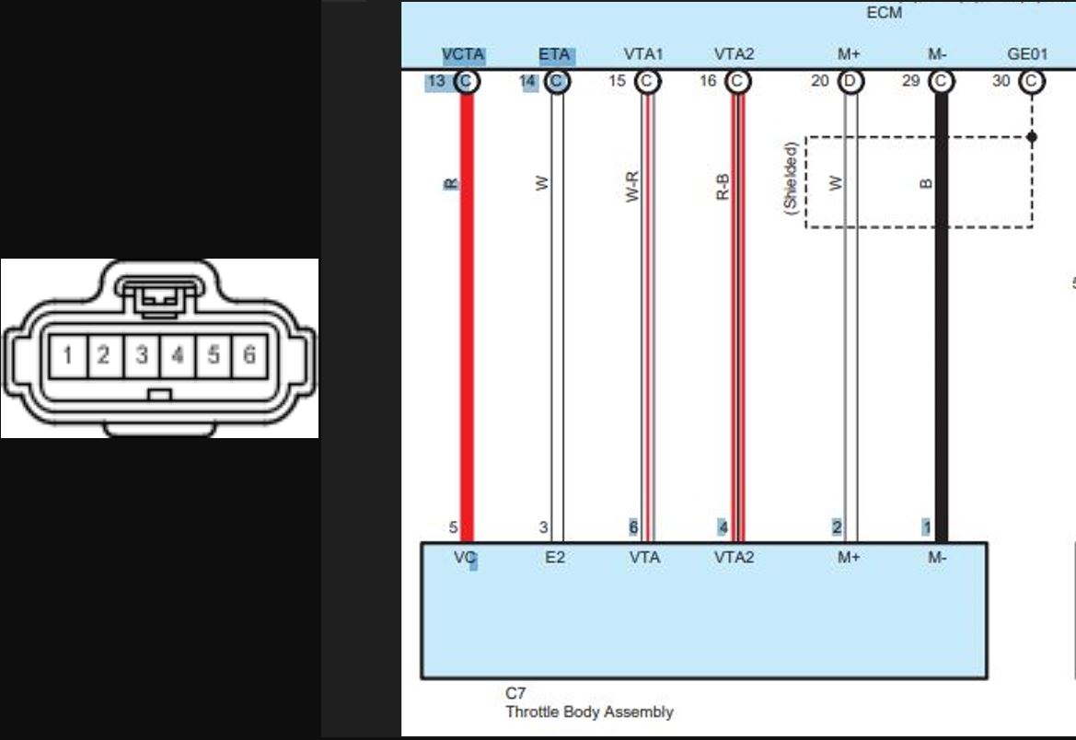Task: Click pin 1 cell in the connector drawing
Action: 69,355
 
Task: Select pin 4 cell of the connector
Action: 178,355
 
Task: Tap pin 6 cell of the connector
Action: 249,355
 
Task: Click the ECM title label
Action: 884,12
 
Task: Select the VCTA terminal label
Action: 463,54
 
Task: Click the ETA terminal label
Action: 554,54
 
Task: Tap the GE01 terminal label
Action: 1027,54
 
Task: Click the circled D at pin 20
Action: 850,82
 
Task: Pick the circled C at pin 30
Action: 1032,82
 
